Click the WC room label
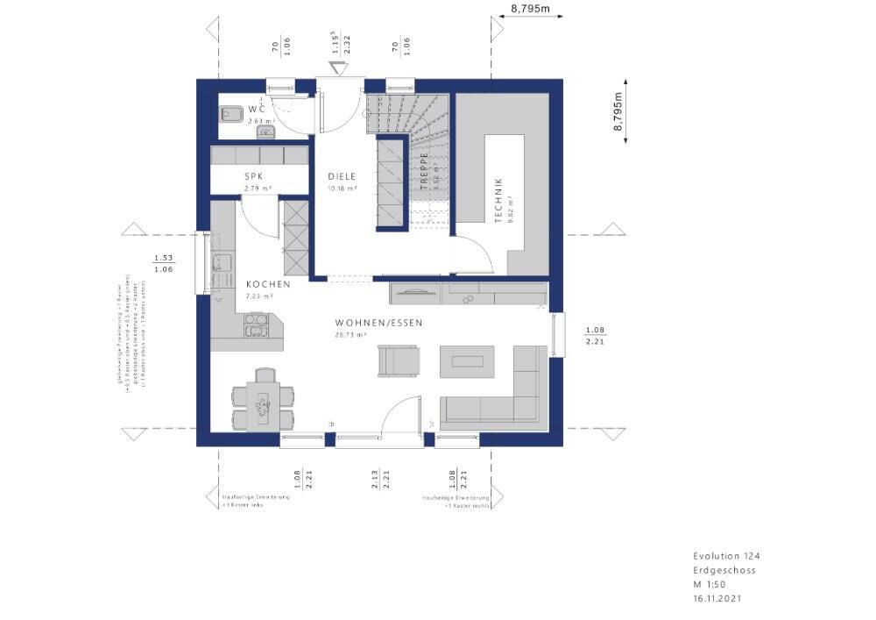pyautogui.click(x=256, y=109)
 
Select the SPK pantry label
pyautogui.click(x=254, y=176)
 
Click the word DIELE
pyautogui.click(x=342, y=176)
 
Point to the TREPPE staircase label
pyautogui.click(x=422, y=169)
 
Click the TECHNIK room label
pyautogui.click(x=498, y=200)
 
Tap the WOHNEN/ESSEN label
pyautogui.click(x=378, y=323)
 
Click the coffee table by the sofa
pyautogui.click(x=467, y=360)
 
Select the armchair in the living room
pyautogui.click(x=398, y=360)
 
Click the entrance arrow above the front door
pyautogui.click(x=338, y=68)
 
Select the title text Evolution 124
pyautogui.click(x=720, y=556)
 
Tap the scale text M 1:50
pyautogui.click(x=710, y=584)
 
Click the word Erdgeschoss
pyautogui.click(x=724, y=570)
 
